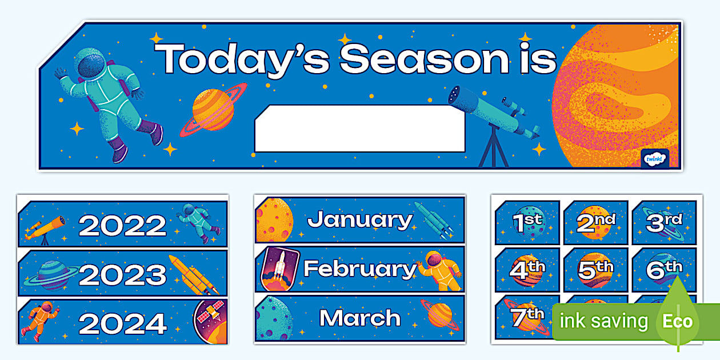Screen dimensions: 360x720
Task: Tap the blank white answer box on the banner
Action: pos(359,129)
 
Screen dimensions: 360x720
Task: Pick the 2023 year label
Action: pos(122,274)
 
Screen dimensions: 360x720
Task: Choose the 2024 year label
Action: pos(122,323)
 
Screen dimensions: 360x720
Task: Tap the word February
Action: pos(359,269)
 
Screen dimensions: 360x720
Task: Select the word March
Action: pos(359,318)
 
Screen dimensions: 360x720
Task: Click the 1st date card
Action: pos(527,222)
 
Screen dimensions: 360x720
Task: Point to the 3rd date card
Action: pos(663,222)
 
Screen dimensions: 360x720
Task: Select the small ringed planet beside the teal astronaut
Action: pos(213,109)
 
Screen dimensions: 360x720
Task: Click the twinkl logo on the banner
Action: pos(654,158)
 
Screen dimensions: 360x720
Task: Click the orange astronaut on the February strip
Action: pos(438,269)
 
